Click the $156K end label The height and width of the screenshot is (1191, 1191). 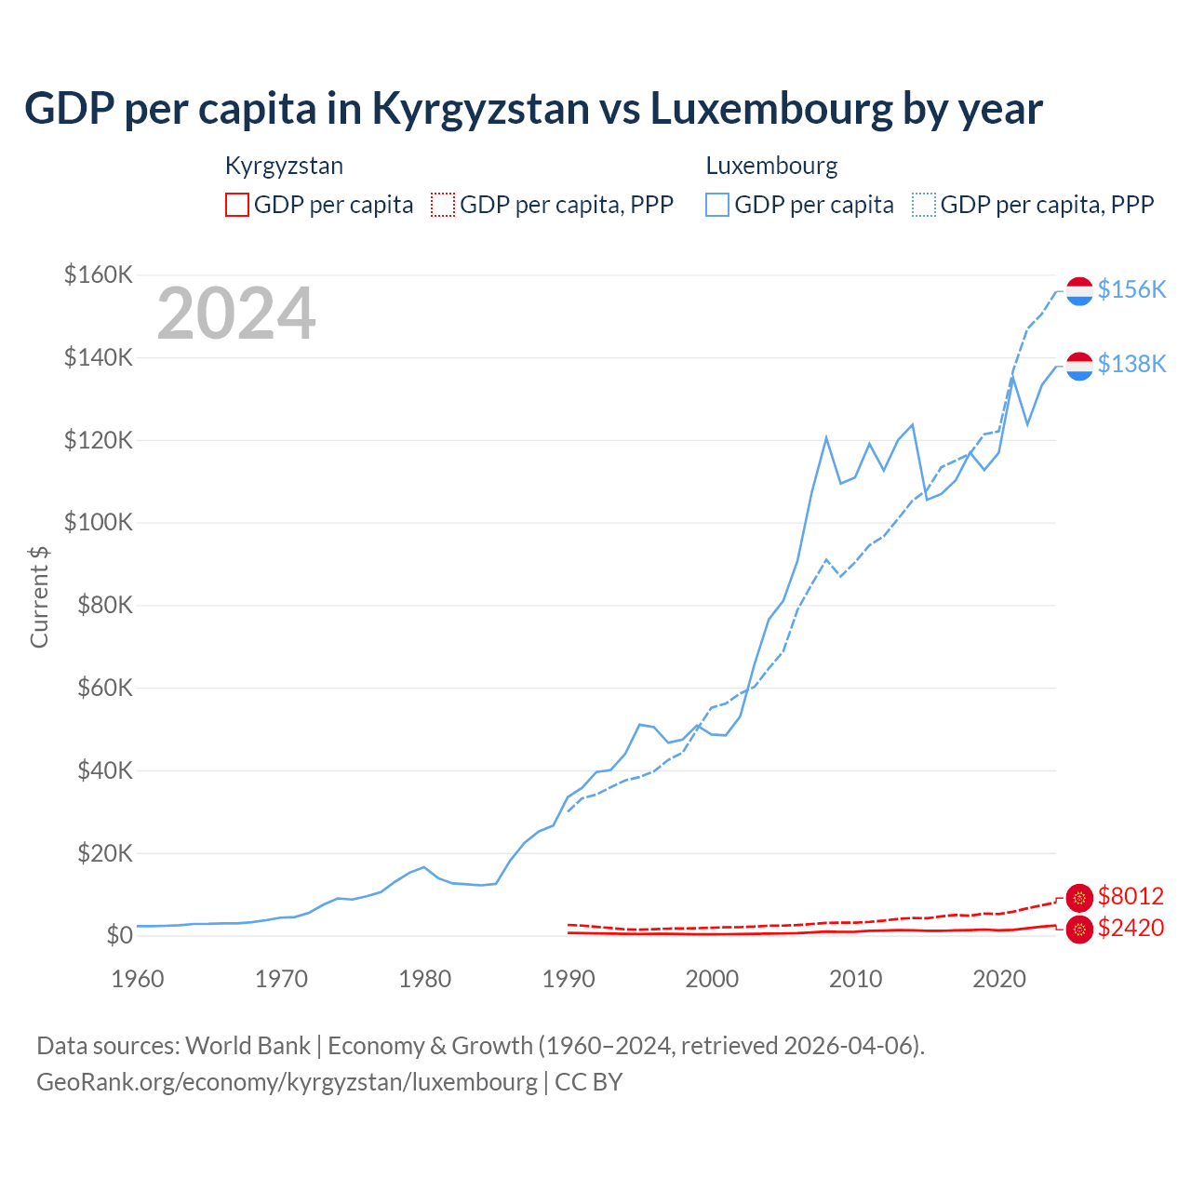point(1131,289)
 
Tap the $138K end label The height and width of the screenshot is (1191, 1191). point(1131,364)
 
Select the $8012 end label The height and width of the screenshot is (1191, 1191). point(1131,896)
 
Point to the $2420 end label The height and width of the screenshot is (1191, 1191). point(1131,928)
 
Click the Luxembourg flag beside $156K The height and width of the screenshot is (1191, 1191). point(1079,291)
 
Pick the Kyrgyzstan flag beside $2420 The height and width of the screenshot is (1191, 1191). point(1079,930)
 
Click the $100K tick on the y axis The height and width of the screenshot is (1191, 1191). point(98,522)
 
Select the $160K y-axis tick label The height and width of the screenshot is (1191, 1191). point(98,274)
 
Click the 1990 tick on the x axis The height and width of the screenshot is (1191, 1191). point(569,979)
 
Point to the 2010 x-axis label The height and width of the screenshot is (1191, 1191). point(855,979)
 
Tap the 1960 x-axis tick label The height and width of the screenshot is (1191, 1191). point(138,979)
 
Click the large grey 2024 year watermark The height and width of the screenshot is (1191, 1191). point(236,314)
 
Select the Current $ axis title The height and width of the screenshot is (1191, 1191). point(39,596)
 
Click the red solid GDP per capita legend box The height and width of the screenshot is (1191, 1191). point(237,205)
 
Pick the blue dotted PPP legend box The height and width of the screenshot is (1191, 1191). point(924,205)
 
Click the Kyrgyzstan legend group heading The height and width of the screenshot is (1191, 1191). point(284,166)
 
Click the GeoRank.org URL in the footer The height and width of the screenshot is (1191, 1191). point(287,1082)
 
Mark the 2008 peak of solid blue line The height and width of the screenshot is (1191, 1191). point(826,437)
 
